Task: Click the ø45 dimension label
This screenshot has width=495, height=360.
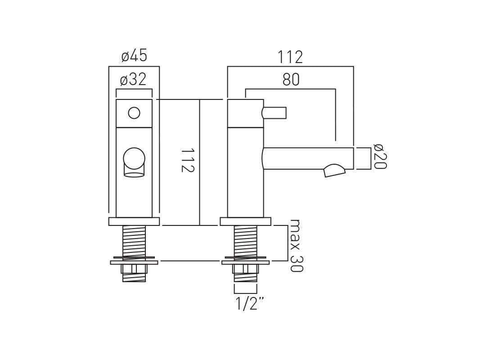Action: pos(134,56)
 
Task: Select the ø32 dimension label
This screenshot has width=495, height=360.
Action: pos(133,79)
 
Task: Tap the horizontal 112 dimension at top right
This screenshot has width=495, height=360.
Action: pos(290,57)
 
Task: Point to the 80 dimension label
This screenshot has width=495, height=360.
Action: pos(291,80)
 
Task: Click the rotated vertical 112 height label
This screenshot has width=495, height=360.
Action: pos(188,160)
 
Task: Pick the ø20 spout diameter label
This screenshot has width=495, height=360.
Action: pos(380,156)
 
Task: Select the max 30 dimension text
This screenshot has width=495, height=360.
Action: pos(296,245)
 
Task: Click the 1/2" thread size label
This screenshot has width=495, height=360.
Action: pos(250,304)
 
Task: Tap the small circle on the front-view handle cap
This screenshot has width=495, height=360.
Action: pos(134,113)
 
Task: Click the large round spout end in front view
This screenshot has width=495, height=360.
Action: pos(134,158)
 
